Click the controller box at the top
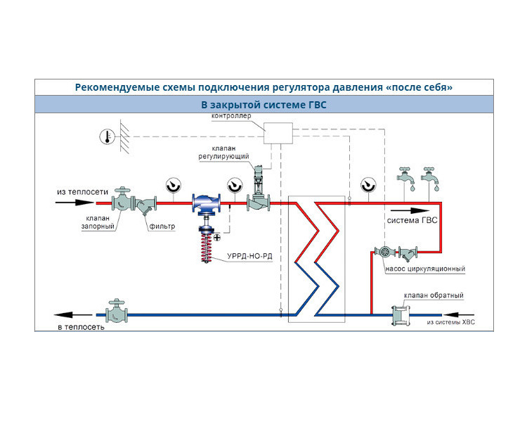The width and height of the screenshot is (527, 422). pos(278,133)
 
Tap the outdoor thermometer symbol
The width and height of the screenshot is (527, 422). pos(108,137)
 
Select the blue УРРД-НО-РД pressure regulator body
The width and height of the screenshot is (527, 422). pos(207,203)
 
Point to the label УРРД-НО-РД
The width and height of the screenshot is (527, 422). pos(249,257)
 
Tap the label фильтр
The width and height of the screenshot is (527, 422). pos(162,226)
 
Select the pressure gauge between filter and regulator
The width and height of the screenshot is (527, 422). pos(174,186)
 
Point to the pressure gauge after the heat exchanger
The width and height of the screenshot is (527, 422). pos(368,186)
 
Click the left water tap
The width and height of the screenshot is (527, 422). pos(405,177)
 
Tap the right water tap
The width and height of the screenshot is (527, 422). pos(429,177)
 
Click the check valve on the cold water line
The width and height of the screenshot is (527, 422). pos(401,315)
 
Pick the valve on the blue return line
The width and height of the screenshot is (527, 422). pos(117,312)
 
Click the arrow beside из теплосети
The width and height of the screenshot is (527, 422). pos(74,203)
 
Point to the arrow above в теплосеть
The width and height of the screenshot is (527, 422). pos(73,315)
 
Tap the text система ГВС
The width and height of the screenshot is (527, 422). pos(412,221)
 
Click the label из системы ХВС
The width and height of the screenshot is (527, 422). pos(450,322)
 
